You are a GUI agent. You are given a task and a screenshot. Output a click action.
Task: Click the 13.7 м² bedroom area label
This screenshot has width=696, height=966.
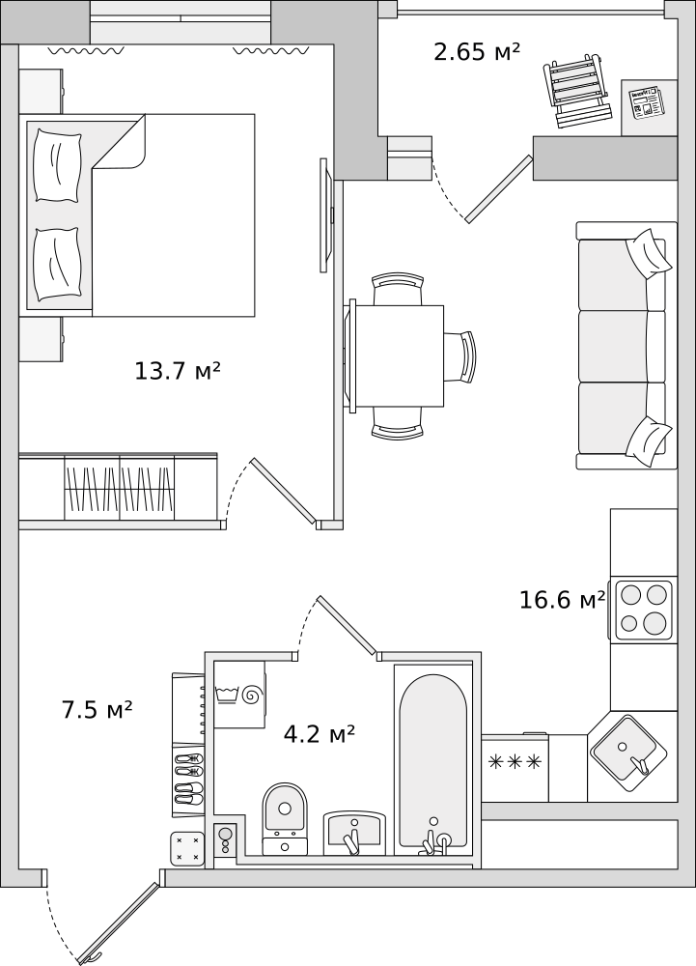178,371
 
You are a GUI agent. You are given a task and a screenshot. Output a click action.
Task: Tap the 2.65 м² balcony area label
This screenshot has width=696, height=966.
477,52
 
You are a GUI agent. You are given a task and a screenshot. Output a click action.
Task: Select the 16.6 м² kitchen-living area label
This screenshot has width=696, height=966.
563,600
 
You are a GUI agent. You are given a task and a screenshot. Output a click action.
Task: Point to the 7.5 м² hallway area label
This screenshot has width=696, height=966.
97,710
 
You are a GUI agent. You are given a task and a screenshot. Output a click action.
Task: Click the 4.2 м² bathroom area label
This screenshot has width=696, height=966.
319,733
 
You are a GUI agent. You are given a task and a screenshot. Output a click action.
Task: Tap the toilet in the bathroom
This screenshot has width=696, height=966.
285,818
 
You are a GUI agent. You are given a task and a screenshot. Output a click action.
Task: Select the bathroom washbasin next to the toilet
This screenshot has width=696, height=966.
355,834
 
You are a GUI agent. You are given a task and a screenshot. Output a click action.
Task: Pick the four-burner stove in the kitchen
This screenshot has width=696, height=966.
643,610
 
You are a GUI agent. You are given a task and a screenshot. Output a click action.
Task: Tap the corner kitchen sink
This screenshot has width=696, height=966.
628,753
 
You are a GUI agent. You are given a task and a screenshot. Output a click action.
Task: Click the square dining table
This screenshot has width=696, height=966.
399,356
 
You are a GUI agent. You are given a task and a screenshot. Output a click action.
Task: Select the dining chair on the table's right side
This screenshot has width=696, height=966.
460,356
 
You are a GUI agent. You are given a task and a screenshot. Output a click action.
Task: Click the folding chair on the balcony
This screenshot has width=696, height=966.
578,91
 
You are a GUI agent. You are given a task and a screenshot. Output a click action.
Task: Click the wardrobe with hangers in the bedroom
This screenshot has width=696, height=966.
118,489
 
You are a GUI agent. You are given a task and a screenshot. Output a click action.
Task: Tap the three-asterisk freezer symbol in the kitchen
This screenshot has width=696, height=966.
515,762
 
